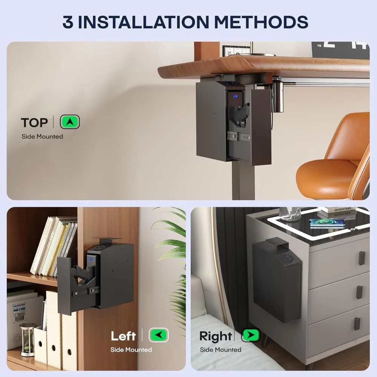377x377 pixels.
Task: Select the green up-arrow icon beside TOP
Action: [70, 122]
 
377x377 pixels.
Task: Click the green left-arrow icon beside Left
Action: [158, 335]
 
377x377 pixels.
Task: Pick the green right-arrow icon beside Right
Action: [251, 335]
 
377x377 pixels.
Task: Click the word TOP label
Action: [34, 123]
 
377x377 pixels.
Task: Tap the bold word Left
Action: [123, 336]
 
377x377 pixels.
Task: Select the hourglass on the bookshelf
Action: [27, 339]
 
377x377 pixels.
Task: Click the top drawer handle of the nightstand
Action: [362, 258]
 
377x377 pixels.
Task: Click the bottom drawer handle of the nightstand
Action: [357, 324]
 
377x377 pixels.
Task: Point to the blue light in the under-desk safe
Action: [235, 97]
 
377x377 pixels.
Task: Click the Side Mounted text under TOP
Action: [42, 136]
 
